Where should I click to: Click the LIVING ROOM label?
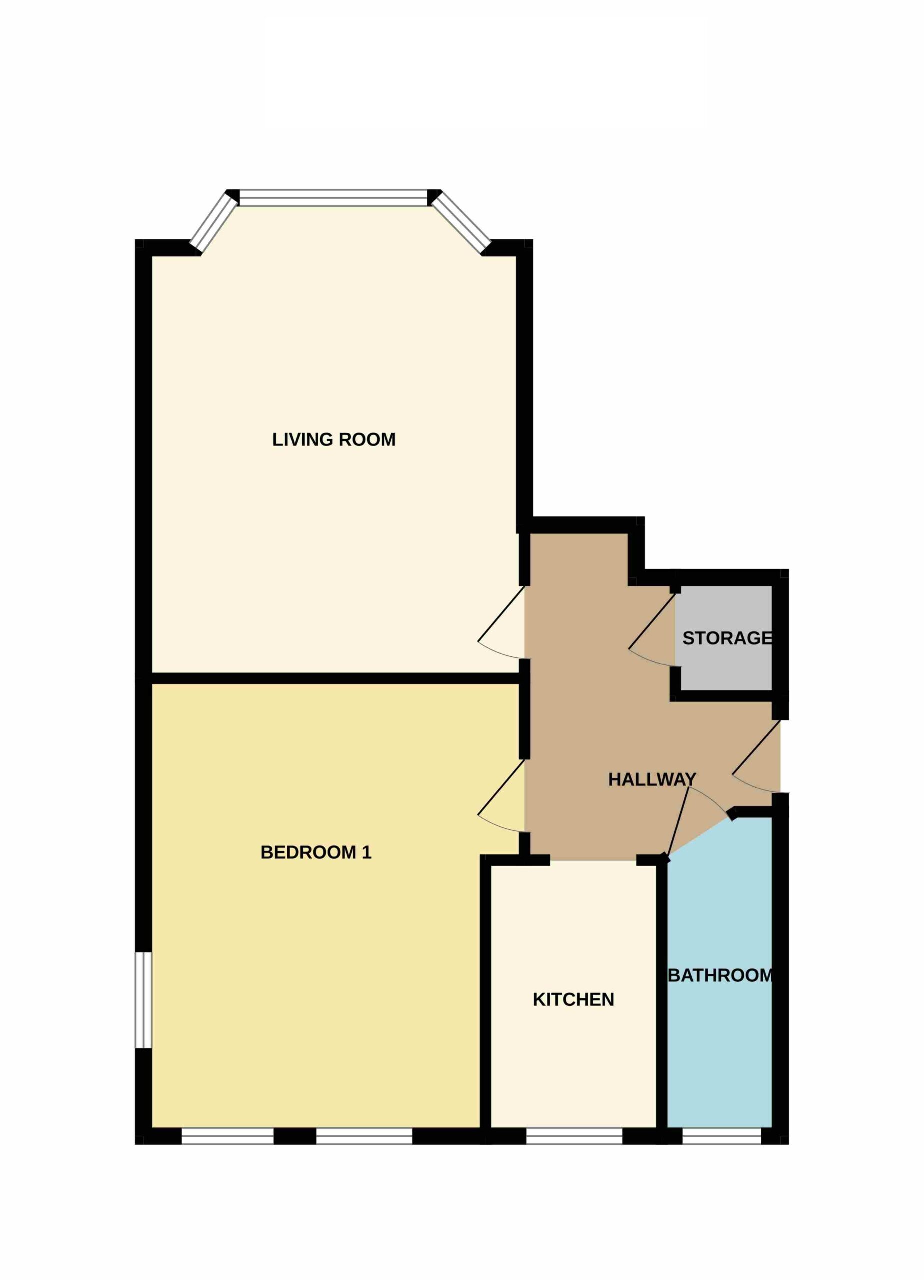point(333,439)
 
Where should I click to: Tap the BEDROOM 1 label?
point(316,852)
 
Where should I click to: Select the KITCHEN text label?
point(573,999)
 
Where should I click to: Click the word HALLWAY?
point(652,779)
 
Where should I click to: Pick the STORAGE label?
point(727,638)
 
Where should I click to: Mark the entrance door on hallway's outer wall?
point(756,756)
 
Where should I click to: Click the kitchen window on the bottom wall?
point(574,1136)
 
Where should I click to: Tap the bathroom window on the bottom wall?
point(722,1136)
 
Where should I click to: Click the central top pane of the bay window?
point(333,198)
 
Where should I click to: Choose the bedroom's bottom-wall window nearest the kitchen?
point(364,1136)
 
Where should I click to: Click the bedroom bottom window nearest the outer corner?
point(228,1136)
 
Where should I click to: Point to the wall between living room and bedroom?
point(335,678)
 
